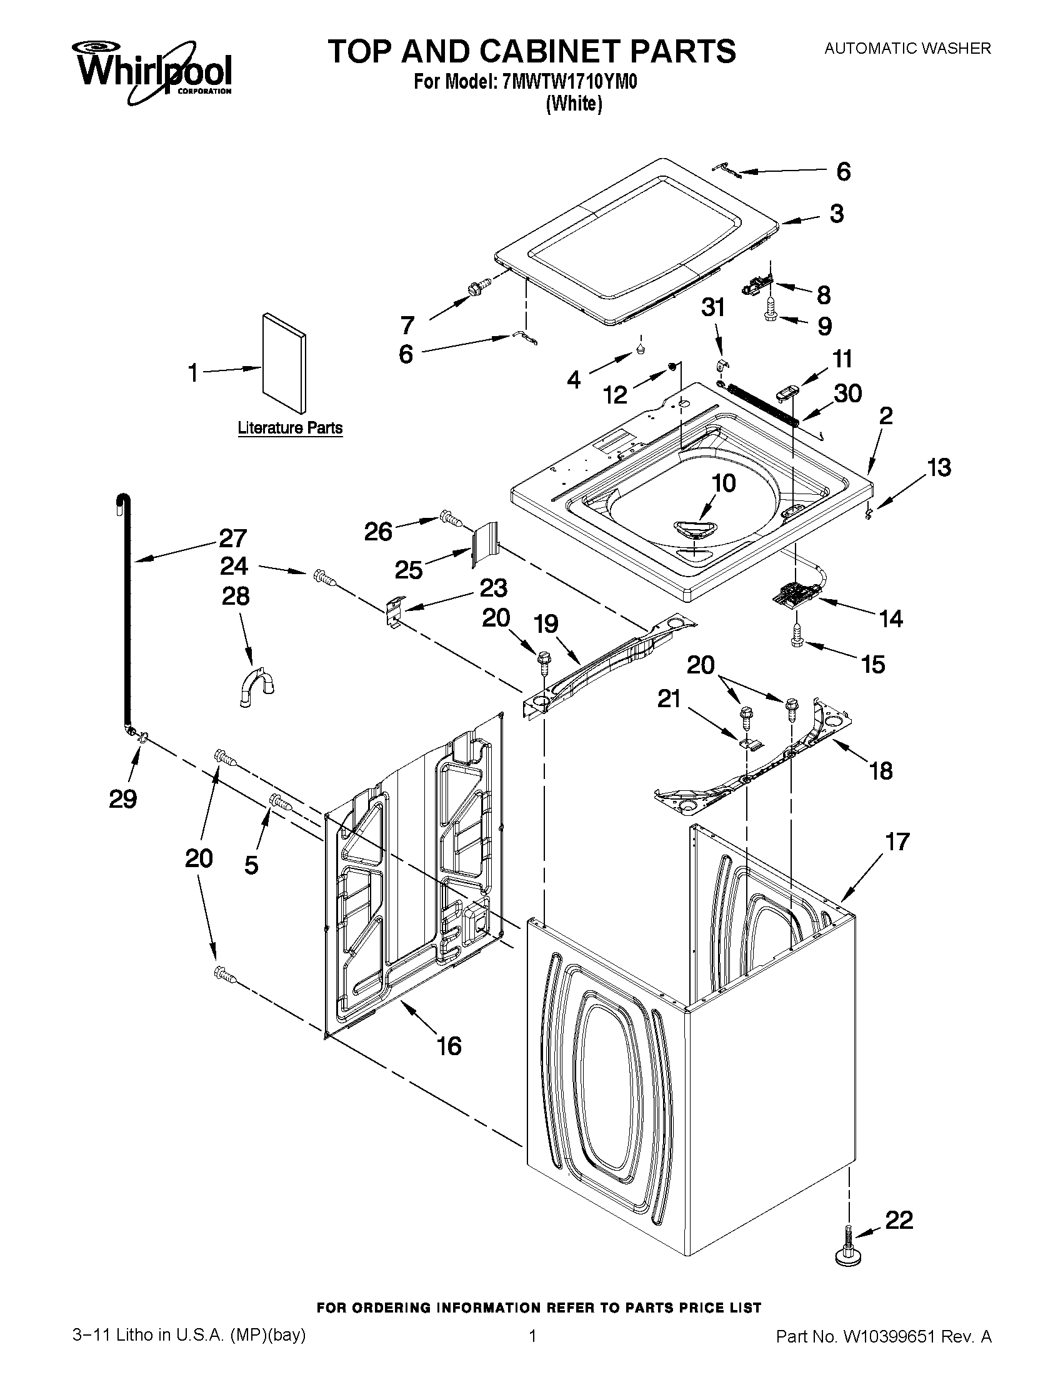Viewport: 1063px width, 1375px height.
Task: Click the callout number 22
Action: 899,1220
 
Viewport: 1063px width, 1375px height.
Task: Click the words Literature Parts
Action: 290,428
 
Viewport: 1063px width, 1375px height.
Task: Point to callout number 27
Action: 232,539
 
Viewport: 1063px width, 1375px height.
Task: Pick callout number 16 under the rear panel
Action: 449,1046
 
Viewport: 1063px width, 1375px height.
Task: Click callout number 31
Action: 713,308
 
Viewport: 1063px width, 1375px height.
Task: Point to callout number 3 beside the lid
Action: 836,214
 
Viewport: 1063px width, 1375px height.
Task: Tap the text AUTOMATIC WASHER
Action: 907,48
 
